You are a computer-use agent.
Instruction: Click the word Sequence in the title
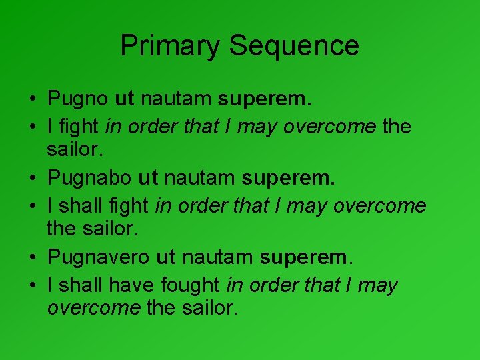click(x=294, y=46)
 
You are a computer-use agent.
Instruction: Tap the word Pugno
click(x=78, y=100)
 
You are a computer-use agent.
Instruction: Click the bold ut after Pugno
click(x=125, y=100)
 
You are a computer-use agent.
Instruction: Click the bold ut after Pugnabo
click(x=147, y=179)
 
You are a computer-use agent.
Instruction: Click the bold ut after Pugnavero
click(x=165, y=259)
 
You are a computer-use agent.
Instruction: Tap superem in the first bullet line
click(x=265, y=100)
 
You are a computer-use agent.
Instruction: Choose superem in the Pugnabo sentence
click(x=288, y=179)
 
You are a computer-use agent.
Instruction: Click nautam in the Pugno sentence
click(x=176, y=100)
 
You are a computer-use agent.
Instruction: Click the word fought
click(x=190, y=285)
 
